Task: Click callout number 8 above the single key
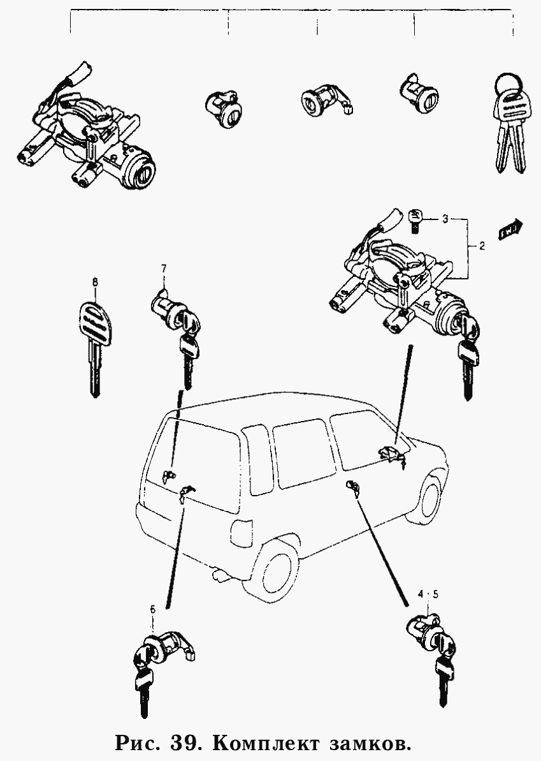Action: (95, 281)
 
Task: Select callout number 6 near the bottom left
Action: (152, 610)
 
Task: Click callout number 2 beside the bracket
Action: (482, 246)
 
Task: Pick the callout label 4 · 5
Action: (428, 595)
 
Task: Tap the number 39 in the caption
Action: (185, 743)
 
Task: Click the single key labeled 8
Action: (95, 344)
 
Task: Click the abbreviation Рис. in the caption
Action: (136, 743)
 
